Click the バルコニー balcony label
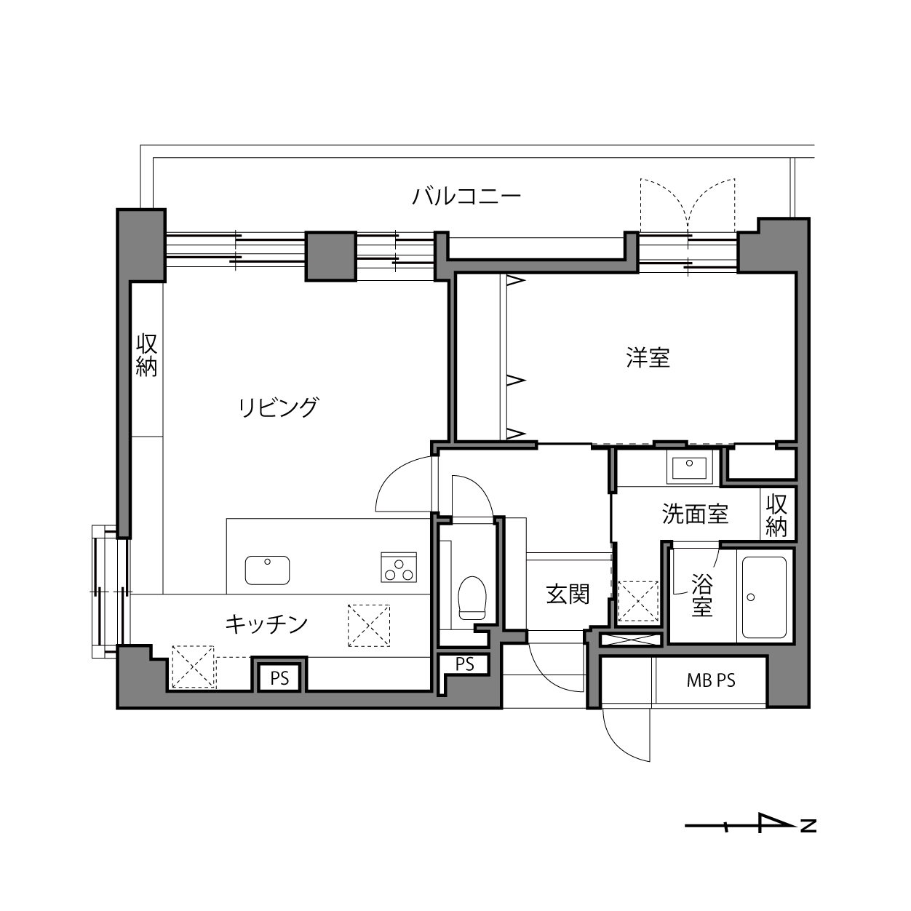(x=466, y=196)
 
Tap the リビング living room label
(x=279, y=407)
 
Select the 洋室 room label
(x=648, y=358)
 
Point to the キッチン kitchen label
(x=266, y=624)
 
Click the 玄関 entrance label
(x=568, y=594)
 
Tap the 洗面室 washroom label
(x=695, y=514)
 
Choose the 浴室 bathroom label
(x=701, y=595)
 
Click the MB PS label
(x=711, y=681)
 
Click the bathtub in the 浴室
(x=764, y=597)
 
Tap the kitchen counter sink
(x=267, y=570)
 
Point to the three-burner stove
(x=399, y=568)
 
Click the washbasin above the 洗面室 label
(x=689, y=468)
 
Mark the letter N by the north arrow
(x=808, y=826)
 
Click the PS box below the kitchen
(x=279, y=679)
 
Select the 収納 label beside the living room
(x=146, y=355)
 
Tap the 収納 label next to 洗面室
(x=776, y=516)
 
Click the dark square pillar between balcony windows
(x=330, y=256)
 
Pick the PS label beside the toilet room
(x=465, y=664)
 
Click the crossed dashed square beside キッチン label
(x=369, y=626)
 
